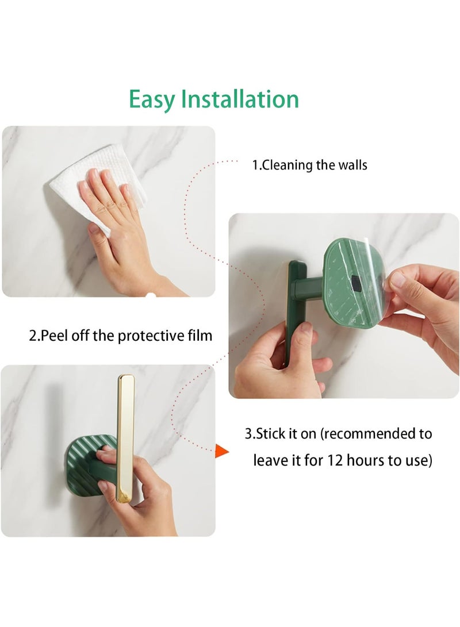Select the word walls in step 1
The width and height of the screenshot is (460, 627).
(x=352, y=166)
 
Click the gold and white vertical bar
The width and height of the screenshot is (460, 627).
(x=125, y=437)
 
